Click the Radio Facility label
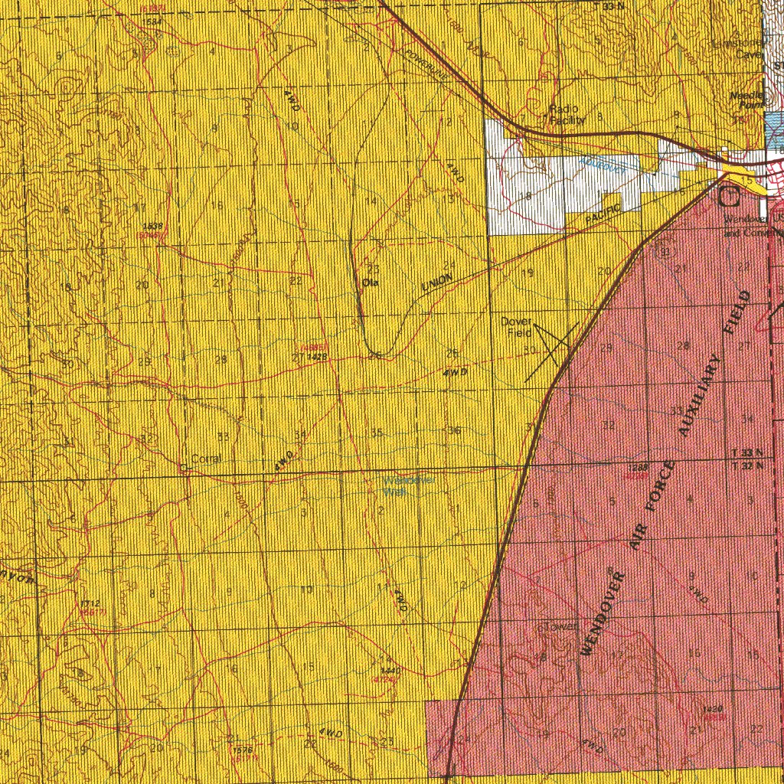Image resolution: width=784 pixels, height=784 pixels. point(567,115)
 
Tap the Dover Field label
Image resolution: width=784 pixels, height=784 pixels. point(517,327)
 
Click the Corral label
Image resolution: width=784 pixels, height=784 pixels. point(206,459)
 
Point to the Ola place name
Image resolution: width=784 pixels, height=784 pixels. point(371,283)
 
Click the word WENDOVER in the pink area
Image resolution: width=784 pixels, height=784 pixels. point(603,612)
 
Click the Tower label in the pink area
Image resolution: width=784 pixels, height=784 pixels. point(561,627)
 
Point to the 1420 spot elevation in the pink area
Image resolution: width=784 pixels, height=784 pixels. point(715,708)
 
